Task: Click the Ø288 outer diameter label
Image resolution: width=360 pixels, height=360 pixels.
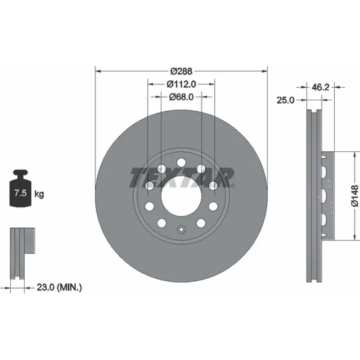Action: pos(181,72)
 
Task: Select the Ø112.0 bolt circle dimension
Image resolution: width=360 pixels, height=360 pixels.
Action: pos(181,84)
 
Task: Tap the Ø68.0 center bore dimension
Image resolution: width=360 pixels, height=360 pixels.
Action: pos(181,97)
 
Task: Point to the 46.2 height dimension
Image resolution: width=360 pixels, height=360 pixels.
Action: pos(320,87)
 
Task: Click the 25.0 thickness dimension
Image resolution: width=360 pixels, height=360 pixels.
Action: pos(285,100)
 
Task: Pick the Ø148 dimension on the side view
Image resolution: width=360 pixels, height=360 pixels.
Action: pos(355,196)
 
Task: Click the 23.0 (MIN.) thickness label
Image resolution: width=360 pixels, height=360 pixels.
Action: pos(59,287)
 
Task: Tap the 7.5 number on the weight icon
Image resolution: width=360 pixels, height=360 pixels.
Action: pos(21,193)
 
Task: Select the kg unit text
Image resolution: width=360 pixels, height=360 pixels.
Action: pos(39,194)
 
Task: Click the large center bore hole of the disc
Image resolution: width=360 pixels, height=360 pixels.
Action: pos(181,196)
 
